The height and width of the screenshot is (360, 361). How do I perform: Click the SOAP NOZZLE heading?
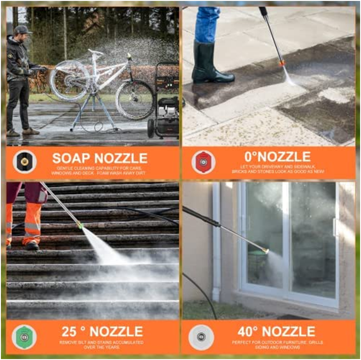point(99,158)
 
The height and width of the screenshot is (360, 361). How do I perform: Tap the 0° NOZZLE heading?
point(277,157)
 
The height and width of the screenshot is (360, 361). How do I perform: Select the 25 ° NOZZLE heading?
point(102,331)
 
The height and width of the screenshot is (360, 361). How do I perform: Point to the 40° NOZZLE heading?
point(276,331)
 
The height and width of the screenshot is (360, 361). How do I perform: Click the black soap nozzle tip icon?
point(24,162)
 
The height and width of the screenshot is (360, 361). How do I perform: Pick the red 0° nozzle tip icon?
point(203,162)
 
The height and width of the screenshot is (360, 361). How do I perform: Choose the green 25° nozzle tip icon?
point(24,337)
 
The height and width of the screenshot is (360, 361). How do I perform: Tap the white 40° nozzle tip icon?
point(201,337)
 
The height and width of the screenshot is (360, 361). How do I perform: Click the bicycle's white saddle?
point(96,52)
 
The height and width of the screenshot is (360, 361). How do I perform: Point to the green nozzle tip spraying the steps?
point(80,226)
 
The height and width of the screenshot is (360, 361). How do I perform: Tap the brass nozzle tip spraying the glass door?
point(265,251)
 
